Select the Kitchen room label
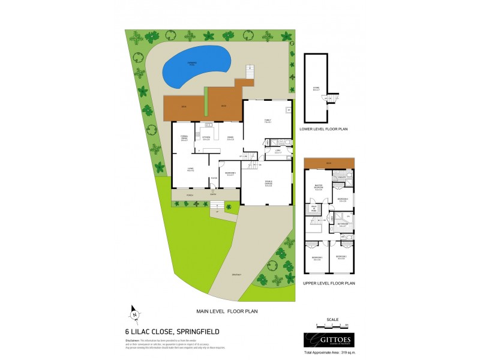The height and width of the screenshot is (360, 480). (x=206, y=138)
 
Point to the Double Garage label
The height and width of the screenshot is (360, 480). (x=268, y=184)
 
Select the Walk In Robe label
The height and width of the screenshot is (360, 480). (x=313, y=209)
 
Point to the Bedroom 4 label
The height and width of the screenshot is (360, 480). (x=343, y=200)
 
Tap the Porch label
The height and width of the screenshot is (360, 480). (x=190, y=196)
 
